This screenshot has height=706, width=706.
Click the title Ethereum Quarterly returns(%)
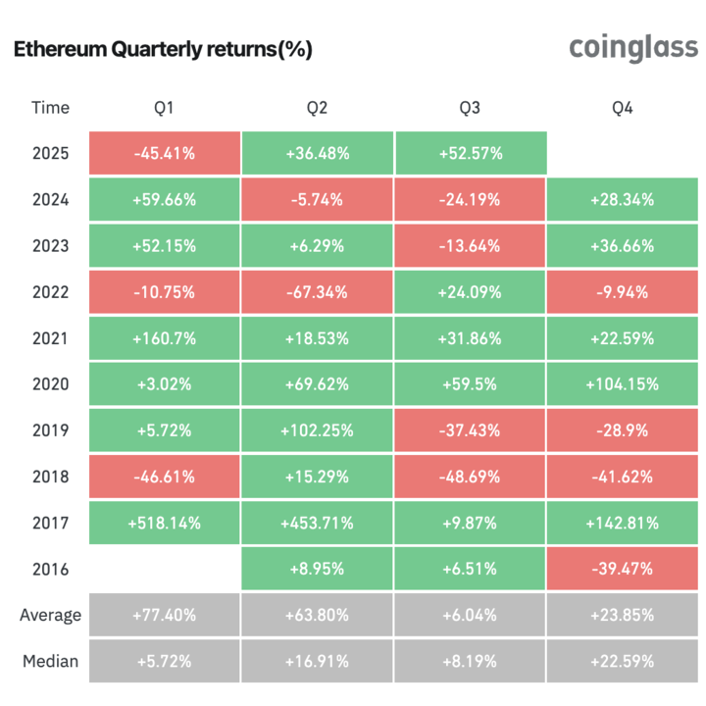pyautogui.click(x=163, y=50)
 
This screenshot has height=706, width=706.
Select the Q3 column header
pyautogui.click(x=470, y=108)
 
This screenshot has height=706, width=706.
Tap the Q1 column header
pyautogui.click(x=164, y=108)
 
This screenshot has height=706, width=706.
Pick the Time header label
pyautogui.click(x=50, y=108)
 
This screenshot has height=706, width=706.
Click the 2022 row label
pyautogui.click(x=50, y=292)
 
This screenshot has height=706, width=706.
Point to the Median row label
pyautogui.click(x=50, y=661)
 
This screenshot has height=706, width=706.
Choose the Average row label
pyautogui.click(x=50, y=616)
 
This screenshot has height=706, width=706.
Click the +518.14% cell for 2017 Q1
pyautogui.click(x=164, y=524)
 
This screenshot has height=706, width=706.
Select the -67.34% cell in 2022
pyautogui.click(x=317, y=292)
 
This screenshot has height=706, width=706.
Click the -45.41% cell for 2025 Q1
pyautogui.click(x=164, y=153)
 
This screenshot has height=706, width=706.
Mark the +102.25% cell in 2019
pyautogui.click(x=317, y=430)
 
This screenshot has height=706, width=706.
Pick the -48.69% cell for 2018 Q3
pyautogui.click(x=470, y=477)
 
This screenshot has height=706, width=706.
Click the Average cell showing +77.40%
pyautogui.click(x=164, y=616)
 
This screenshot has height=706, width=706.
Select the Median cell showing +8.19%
pyautogui.click(x=470, y=661)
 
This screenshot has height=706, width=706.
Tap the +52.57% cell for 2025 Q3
pyautogui.click(x=470, y=153)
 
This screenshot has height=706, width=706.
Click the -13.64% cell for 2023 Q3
pyautogui.click(x=470, y=246)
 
